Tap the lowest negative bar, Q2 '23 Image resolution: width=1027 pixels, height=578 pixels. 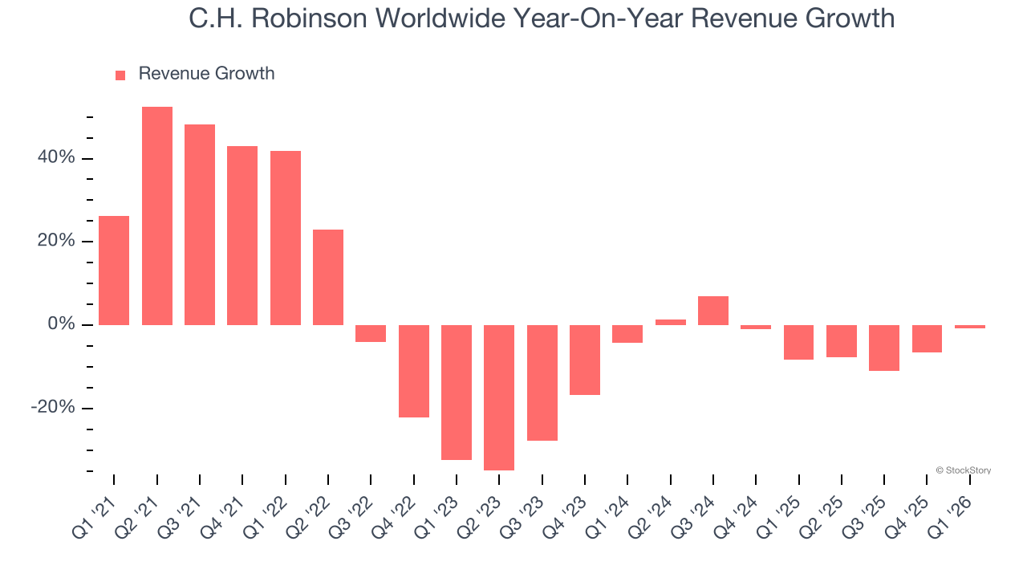(x=499, y=397)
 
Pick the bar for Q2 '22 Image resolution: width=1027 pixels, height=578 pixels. (x=328, y=277)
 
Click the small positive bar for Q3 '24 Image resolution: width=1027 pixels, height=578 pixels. (x=713, y=311)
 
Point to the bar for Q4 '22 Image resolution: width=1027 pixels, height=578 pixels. (x=414, y=371)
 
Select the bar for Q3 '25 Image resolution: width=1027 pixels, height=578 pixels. (x=884, y=348)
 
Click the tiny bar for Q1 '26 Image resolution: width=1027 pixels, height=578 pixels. (x=970, y=327)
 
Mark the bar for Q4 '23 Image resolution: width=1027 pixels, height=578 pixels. (x=585, y=360)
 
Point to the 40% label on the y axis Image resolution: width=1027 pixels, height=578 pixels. (x=56, y=158)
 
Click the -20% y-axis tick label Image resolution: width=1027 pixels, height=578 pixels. (x=53, y=408)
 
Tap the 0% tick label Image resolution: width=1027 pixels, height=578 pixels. (x=61, y=324)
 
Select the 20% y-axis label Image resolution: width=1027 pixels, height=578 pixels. (x=56, y=242)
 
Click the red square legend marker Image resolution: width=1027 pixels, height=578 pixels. (x=120, y=75)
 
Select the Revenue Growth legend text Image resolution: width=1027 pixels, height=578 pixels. (x=206, y=74)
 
